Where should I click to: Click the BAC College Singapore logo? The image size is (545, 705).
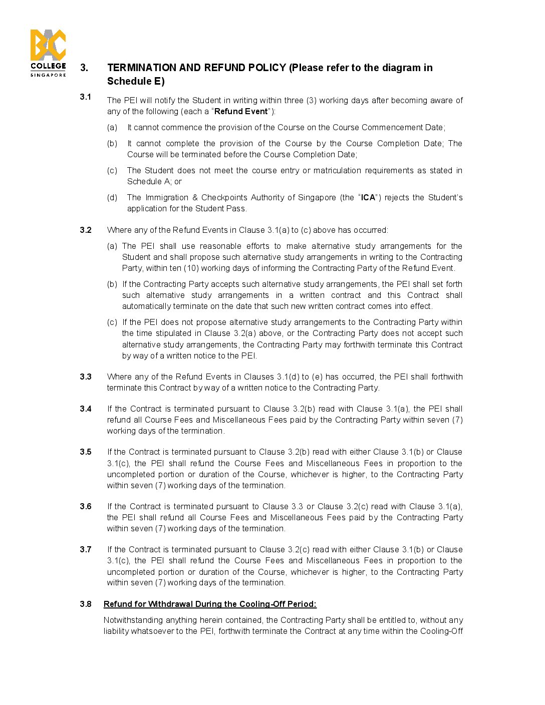(x=48, y=53)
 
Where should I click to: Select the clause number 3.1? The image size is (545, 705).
(x=85, y=97)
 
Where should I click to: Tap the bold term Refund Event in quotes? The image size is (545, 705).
(x=241, y=111)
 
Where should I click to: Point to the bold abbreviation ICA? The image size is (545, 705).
(x=368, y=197)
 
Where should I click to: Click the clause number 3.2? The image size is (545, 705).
(x=86, y=230)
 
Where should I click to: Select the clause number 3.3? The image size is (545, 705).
(x=86, y=377)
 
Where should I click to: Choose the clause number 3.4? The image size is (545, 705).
(x=86, y=409)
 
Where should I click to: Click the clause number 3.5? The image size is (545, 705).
(x=86, y=452)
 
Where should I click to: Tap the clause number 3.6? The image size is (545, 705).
(x=86, y=506)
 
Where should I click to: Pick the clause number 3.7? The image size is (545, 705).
(x=86, y=549)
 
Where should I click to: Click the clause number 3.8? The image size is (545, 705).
(x=86, y=604)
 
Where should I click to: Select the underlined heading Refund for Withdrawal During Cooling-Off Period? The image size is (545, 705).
(x=210, y=604)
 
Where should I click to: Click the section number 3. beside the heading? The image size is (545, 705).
(x=84, y=68)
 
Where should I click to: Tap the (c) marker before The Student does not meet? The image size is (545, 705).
(x=112, y=170)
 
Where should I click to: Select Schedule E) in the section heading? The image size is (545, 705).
(x=136, y=81)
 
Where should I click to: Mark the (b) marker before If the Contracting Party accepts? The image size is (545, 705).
(x=112, y=284)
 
